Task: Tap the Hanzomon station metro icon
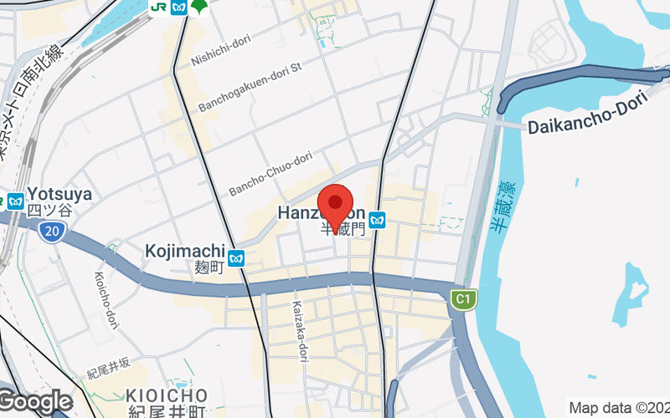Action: tap(379, 220)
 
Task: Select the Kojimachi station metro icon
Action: tap(237, 258)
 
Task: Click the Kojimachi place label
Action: tap(185, 251)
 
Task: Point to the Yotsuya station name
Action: tap(59, 195)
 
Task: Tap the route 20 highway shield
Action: tap(51, 237)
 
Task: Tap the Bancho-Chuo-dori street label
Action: tap(271, 174)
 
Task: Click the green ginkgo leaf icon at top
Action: tap(199, 8)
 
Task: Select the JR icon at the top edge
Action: tap(157, 7)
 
